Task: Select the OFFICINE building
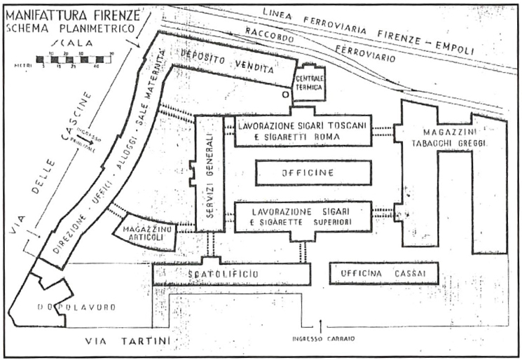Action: tap(313, 173)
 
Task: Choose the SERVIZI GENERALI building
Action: tap(207, 172)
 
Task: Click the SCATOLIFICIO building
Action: tap(231, 274)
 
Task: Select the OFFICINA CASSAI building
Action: tap(384, 272)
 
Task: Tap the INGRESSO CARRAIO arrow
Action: tap(321, 326)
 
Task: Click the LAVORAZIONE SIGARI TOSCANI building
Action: tap(302, 130)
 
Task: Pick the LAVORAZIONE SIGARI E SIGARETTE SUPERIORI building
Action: tap(302, 217)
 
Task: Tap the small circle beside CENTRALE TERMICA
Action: tap(283, 93)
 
